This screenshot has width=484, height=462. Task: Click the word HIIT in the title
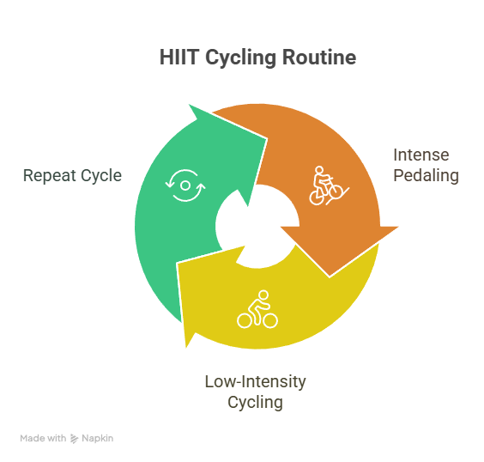click(x=179, y=58)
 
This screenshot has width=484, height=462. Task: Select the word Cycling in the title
click(x=241, y=58)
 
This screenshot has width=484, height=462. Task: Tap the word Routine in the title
click(x=319, y=58)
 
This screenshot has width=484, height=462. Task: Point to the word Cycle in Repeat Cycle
click(x=101, y=176)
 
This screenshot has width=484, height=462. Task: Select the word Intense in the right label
click(x=421, y=155)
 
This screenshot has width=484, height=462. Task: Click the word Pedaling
click(x=426, y=176)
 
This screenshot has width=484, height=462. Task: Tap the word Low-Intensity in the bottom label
click(x=255, y=381)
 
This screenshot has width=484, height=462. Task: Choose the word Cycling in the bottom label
click(x=255, y=403)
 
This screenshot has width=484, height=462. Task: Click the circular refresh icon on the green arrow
click(x=185, y=185)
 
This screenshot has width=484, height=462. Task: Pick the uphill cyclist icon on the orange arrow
click(x=329, y=185)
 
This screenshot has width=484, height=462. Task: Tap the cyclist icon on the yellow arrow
click(x=257, y=309)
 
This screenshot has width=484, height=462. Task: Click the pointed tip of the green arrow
click(x=189, y=105)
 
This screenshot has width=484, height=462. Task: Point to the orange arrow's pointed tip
click(x=398, y=227)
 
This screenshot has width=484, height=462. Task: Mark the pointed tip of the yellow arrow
click(x=186, y=348)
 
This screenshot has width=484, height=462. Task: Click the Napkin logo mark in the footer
click(x=74, y=439)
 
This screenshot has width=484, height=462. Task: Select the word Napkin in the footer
click(x=98, y=439)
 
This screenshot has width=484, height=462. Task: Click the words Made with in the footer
click(x=43, y=438)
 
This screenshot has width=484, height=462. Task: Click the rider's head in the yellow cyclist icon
click(x=263, y=295)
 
